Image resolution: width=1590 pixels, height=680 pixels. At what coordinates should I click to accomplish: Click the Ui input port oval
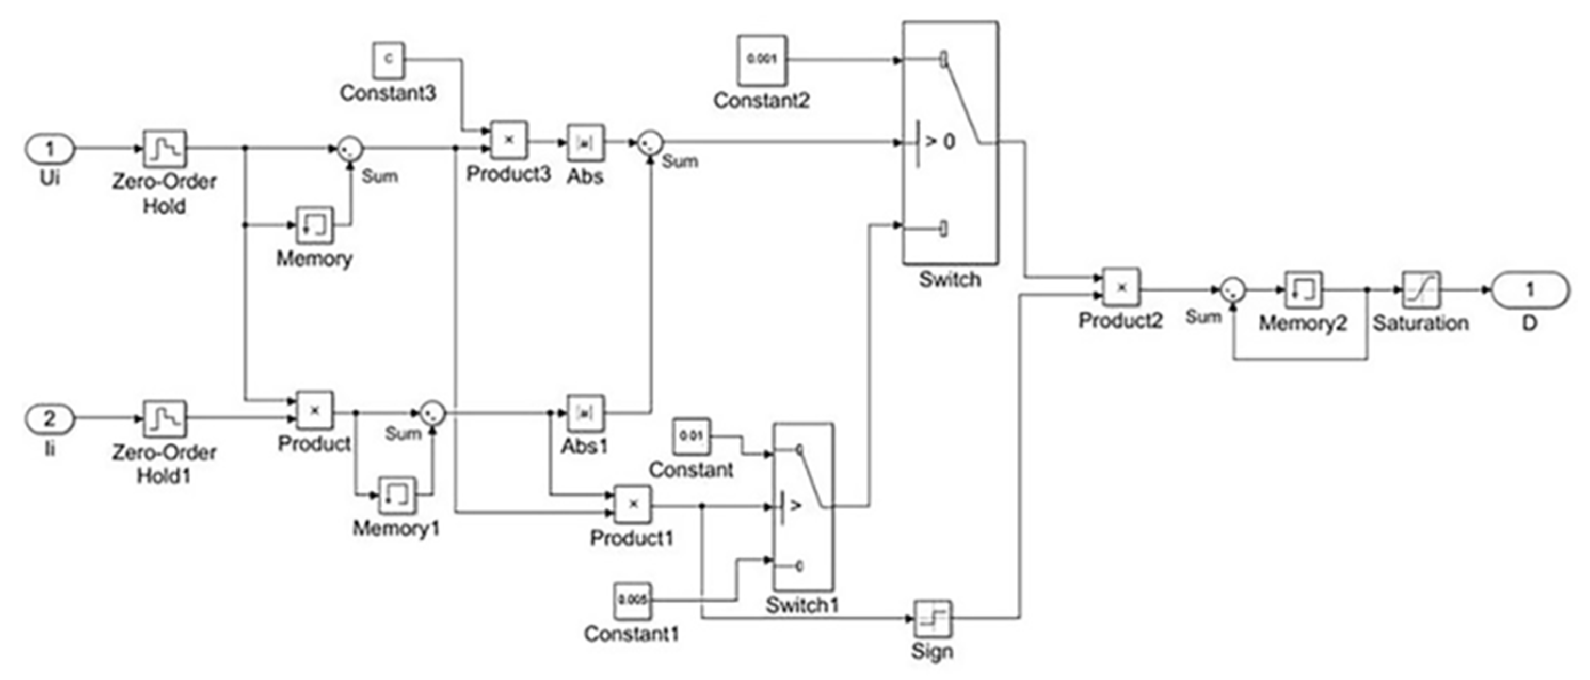(x=50, y=149)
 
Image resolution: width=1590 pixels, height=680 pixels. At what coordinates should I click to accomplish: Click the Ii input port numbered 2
(x=50, y=419)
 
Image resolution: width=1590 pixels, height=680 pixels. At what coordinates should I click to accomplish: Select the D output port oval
(x=1530, y=289)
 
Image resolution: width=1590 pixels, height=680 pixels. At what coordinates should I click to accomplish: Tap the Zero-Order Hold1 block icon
(x=165, y=418)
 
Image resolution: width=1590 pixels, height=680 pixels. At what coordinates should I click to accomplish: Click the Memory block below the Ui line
(x=315, y=224)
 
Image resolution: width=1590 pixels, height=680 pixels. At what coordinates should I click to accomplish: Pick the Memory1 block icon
(x=397, y=495)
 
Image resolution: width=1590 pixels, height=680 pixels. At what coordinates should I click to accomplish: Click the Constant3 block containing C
(x=388, y=60)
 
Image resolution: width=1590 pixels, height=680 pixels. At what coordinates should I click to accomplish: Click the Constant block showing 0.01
(x=692, y=436)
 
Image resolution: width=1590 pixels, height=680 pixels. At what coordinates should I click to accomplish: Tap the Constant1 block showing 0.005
(x=632, y=600)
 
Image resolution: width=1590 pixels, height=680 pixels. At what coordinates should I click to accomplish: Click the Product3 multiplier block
(x=509, y=140)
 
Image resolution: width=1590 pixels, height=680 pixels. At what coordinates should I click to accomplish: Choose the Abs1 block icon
(x=585, y=413)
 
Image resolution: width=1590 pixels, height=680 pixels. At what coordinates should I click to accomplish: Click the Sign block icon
(x=932, y=619)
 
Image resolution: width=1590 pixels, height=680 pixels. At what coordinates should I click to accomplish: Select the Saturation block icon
(x=1422, y=289)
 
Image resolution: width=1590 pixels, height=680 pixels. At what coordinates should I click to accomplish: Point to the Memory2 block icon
(x=1303, y=289)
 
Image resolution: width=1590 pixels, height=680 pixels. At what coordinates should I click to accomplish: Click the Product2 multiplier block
(x=1121, y=287)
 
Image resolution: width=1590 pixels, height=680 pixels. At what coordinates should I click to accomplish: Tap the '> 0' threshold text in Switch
(x=940, y=142)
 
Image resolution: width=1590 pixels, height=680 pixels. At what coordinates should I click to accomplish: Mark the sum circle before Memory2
(x=1233, y=289)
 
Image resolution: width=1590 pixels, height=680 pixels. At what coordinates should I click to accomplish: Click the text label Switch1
(x=802, y=605)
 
